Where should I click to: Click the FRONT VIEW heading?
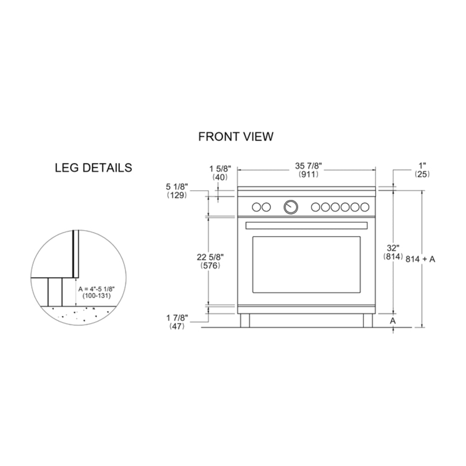(x=236, y=137)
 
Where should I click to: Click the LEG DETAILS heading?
(x=93, y=168)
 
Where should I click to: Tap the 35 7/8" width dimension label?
(x=308, y=166)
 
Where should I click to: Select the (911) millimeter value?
(x=308, y=174)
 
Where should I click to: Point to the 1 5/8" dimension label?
(x=220, y=169)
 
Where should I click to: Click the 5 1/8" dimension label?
(x=177, y=187)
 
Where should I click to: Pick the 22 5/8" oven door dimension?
(x=210, y=257)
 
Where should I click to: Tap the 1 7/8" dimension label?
(x=177, y=318)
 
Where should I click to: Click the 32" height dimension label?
(x=393, y=248)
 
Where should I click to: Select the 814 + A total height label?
(x=420, y=259)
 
